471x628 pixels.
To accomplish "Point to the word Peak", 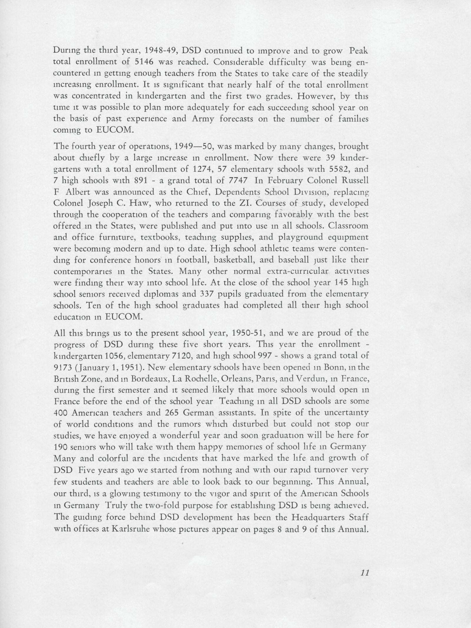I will [x=359, y=50].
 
